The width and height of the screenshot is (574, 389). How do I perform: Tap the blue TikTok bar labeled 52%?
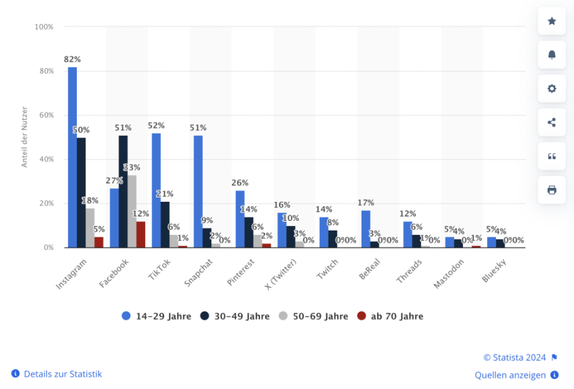[x=156, y=190]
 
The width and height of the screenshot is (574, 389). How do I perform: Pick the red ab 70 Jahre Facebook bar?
[x=141, y=234]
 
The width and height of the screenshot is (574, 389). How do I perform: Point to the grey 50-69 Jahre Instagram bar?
[x=90, y=228]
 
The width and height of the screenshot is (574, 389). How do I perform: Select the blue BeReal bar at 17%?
[x=366, y=228]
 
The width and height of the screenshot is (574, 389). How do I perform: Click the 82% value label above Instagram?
[x=72, y=59]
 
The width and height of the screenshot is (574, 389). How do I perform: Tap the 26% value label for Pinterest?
[x=240, y=183]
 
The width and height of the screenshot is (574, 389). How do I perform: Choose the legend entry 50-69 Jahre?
[x=314, y=316]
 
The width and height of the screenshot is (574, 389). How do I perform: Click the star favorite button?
[x=552, y=21]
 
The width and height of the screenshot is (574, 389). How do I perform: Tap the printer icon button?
[x=552, y=190]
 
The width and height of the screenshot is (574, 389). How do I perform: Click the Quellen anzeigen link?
[x=511, y=374]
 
